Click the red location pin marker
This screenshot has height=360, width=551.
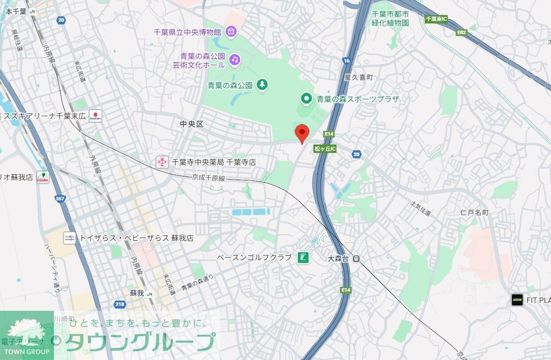point(302,133)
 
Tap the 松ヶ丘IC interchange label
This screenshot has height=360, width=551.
point(325,149)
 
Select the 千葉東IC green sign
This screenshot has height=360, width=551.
point(436,19)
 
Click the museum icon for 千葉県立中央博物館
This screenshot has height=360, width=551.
point(231,31)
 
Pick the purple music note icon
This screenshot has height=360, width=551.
point(234,59)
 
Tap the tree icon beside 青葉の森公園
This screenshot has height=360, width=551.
point(262,85)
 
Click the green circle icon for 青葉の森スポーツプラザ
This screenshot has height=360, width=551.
point(306,98)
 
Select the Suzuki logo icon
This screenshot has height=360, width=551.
point(95,116)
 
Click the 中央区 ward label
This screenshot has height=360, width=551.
point(191,124)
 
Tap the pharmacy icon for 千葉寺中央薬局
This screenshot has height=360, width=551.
point(162,162)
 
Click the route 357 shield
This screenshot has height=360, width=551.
point(60,199)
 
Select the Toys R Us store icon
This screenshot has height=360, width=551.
point(69,238)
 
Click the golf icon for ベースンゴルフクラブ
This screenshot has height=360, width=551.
point(303,257)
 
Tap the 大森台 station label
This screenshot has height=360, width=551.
point(339,258)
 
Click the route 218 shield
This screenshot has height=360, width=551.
point(120,304)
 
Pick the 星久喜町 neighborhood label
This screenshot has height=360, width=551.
point(359,77)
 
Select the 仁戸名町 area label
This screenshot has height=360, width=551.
point(474,212)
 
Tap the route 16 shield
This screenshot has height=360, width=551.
point(347,60)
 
